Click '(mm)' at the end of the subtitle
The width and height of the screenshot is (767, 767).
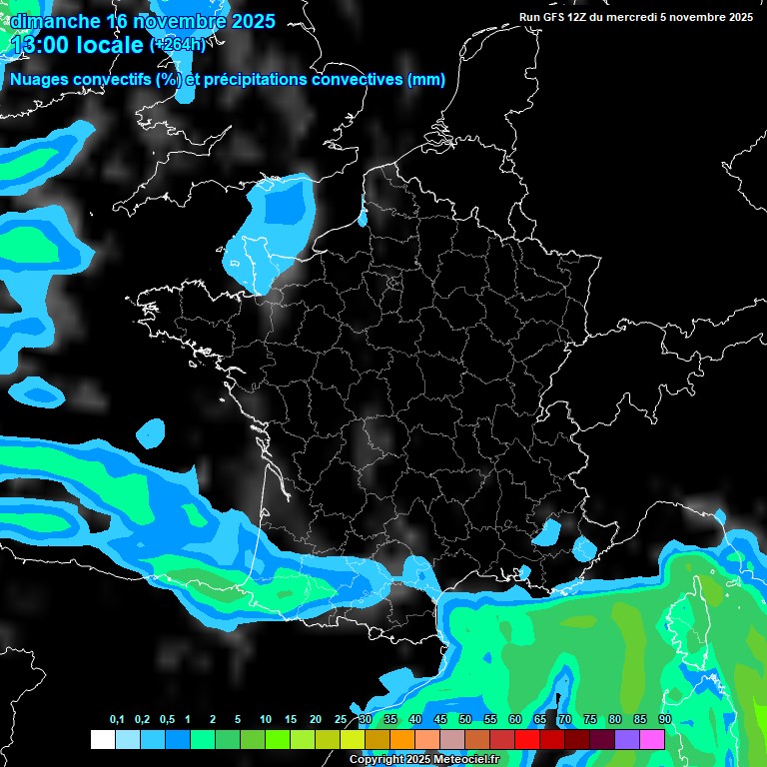click(x=426, y=80)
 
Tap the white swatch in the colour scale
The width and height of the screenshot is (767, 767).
click(x=102, y=739)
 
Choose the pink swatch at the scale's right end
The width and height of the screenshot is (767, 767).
click(x=652, y=739)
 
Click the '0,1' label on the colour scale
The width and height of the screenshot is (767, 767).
click(x=117, y=720)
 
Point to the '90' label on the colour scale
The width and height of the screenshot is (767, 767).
click(x=664, y=720)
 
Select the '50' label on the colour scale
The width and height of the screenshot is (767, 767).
click(x=464, y=720)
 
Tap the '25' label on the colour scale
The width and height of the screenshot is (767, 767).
click(x=341, y=720)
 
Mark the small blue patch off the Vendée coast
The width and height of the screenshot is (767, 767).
click(x=151, y=432)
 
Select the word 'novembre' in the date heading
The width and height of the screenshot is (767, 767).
click(x=185, y=21)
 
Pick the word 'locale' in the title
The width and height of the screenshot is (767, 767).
click(x=108, y=45)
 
